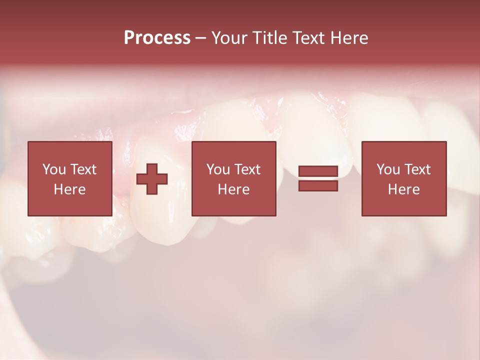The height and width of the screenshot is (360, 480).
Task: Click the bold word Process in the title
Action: click(x=157, y=38)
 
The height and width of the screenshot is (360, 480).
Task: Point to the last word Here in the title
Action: click(x=349, y=38)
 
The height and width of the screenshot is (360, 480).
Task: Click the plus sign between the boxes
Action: click(x=152, y=178)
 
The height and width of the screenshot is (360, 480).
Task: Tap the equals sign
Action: click(x=318, y=178)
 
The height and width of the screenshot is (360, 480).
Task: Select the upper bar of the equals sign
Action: click(x=318, y=171)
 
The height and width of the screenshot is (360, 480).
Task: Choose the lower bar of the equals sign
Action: click(x=318, y=186)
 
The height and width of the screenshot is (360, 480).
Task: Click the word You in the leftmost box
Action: click(x=54, y=169)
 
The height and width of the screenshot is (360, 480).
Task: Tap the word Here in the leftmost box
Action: click(x=69, y=189)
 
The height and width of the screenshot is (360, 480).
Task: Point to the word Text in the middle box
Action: click(x=247, y=169)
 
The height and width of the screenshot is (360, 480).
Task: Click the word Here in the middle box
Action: click(x=233, y=189)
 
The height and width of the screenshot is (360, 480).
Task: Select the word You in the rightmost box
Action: click(x=388, y=169)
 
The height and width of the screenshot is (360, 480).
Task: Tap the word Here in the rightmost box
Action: click(x=404, y=189)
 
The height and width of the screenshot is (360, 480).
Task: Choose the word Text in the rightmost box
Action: click(x=417, y=169)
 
